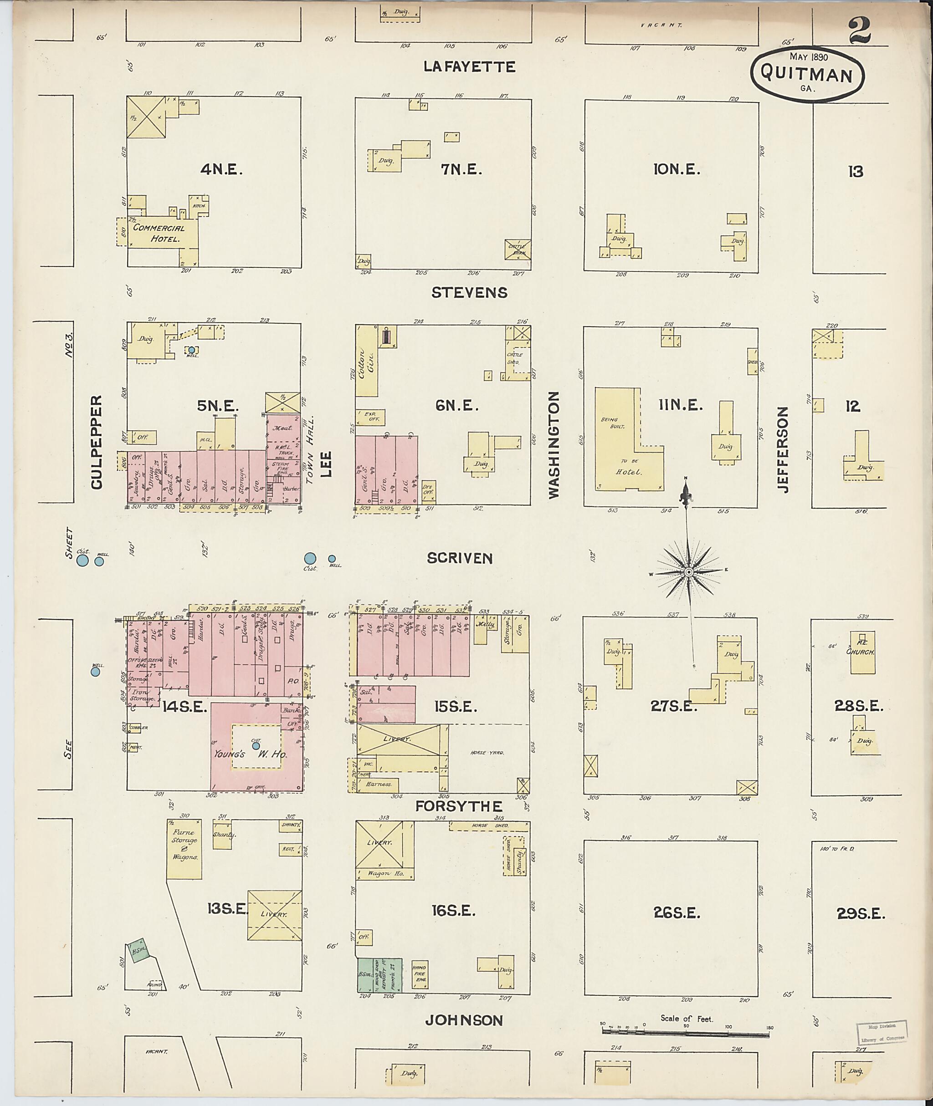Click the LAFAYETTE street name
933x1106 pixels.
coord(469,66)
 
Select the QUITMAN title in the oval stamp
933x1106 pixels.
coord(807,75)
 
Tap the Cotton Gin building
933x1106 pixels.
coord(366,361)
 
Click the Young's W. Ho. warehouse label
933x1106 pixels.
coord(250,754)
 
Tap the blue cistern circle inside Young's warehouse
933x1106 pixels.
coord(256,745)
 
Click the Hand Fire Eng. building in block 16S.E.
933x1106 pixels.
coord(420,974)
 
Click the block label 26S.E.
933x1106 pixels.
coord(677,912)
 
